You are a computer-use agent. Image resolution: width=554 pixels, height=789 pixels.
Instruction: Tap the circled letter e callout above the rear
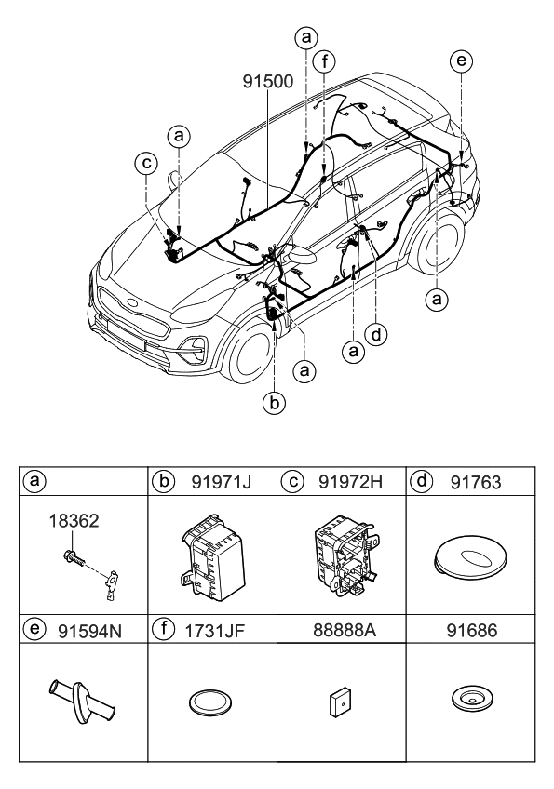click(460, 60)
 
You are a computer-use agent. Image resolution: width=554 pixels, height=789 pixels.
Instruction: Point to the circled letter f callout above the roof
click(323, 62)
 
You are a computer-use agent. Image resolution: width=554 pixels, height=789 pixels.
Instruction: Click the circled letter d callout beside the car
click(375, 332)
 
